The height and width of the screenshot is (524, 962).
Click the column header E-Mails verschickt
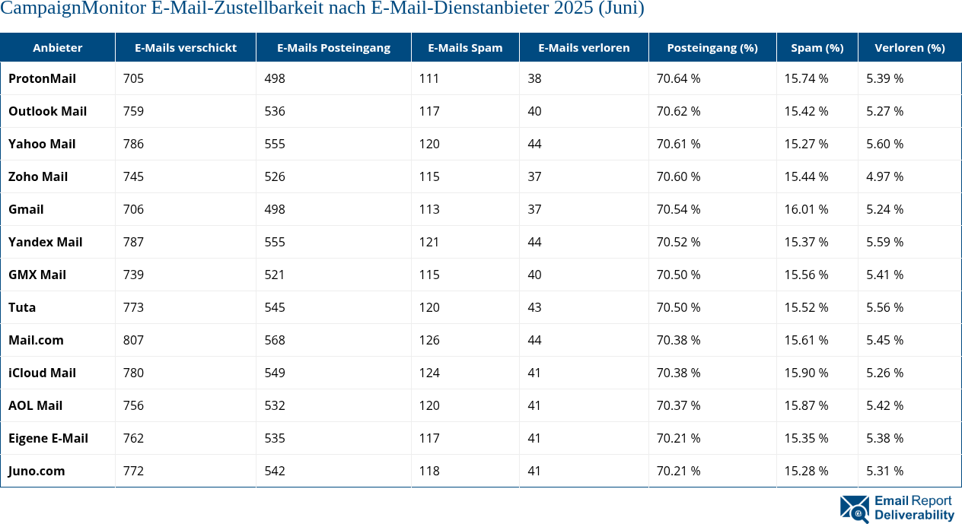coord(186,47)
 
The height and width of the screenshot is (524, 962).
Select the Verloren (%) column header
coord(909,47)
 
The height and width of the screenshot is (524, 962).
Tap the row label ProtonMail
coord(42,78)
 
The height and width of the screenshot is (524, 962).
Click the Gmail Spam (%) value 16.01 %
coord(806,209)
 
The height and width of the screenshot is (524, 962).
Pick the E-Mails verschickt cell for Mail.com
coord(134,340)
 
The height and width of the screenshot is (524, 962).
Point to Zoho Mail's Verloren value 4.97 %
coord(884,176)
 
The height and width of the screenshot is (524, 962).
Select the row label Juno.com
coord(37,471)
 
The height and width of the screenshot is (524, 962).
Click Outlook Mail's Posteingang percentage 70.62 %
coord(678,111)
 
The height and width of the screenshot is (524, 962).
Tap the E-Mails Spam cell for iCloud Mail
coord(429,373)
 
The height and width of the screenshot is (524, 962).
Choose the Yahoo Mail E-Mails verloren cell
coord(535,144)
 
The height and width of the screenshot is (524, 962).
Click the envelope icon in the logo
coord(854,509)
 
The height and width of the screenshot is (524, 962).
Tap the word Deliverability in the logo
coord(914,515)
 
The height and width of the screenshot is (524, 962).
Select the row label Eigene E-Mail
coord(48,438)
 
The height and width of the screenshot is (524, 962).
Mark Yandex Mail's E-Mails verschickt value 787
coord(134,242)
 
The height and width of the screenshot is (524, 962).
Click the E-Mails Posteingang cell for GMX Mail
coord(275,275)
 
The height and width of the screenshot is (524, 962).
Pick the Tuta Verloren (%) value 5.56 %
coord(884,307)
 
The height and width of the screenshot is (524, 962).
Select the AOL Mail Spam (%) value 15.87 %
coord(806,405)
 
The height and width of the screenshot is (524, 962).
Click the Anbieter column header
coord(58,47)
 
